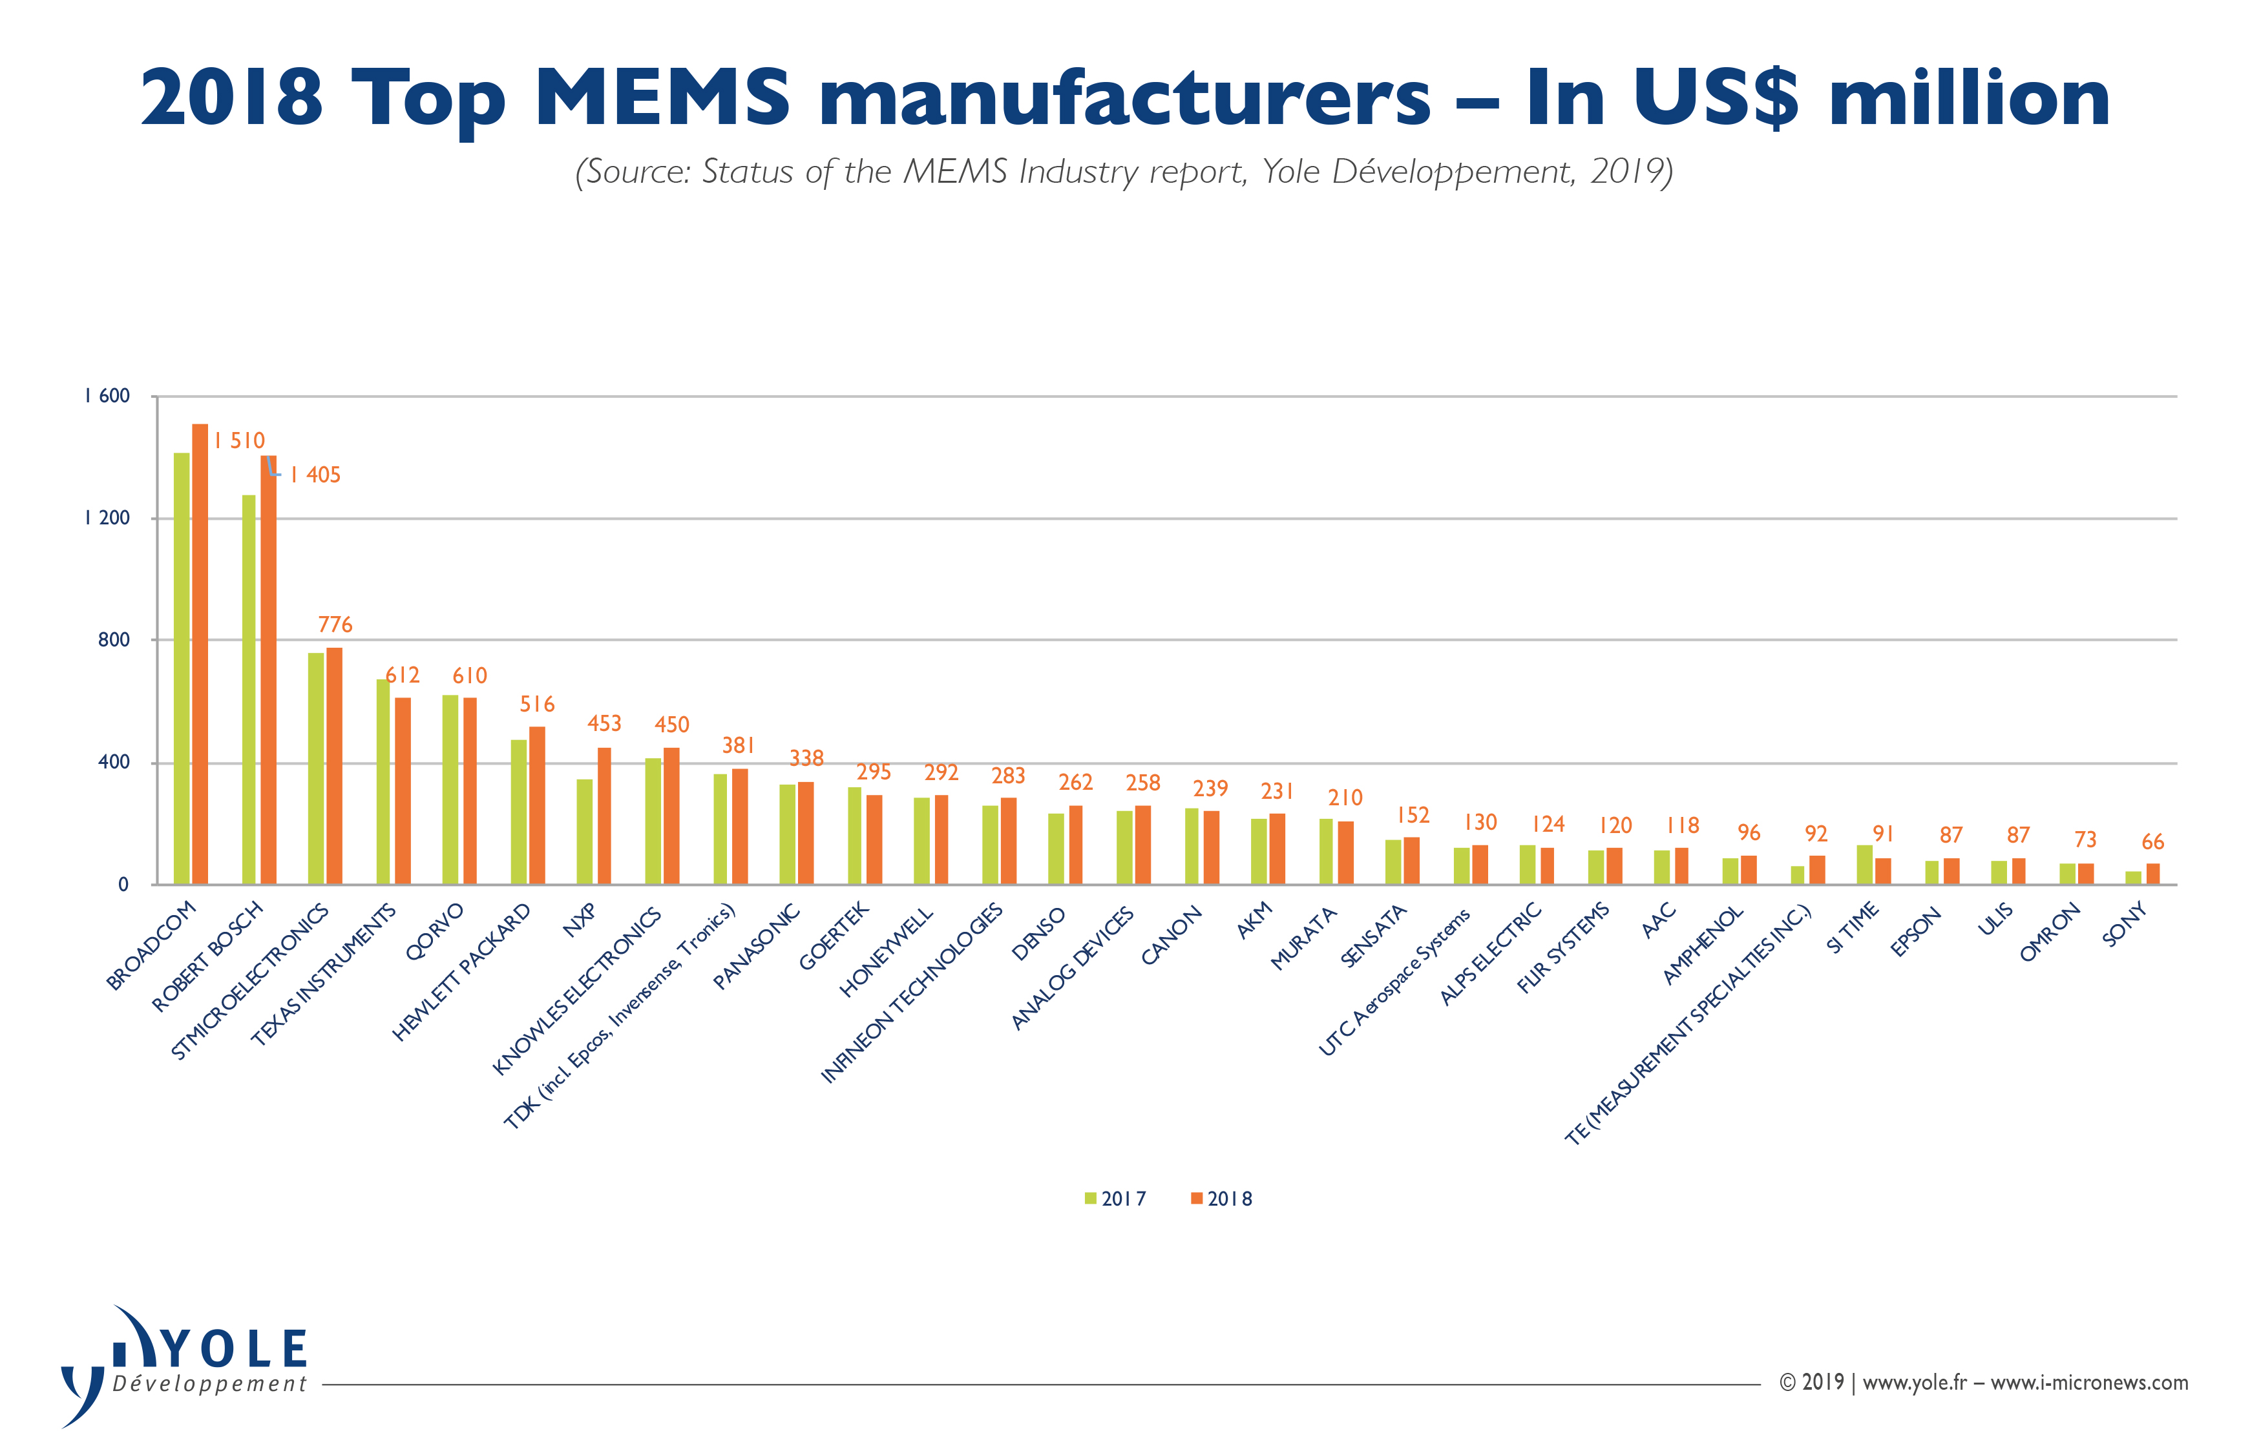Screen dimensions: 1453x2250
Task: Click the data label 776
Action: [335, 624]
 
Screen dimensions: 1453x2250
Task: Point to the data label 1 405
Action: [316, 475]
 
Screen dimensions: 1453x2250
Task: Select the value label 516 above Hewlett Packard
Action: [537, 704]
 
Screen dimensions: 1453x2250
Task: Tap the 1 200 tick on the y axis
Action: [107, 518]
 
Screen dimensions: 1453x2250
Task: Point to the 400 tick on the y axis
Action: [113, 763]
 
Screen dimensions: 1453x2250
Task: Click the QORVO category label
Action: [434, 931]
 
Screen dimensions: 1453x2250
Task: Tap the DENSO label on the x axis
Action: [1038, 933]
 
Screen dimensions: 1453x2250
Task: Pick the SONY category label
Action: [2123, 925]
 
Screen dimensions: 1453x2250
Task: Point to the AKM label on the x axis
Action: [1254, 921]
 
